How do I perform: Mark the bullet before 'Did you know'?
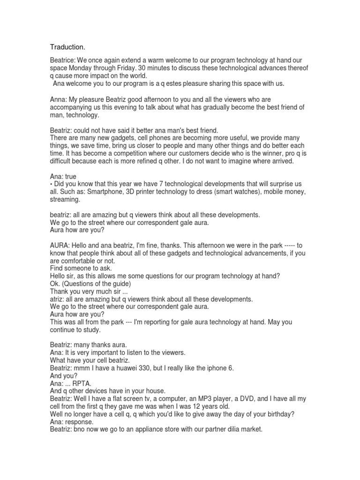pos(52,184)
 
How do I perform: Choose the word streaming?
pos(65,199)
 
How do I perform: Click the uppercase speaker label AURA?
pos(60,245)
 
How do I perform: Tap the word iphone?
pos(211,368)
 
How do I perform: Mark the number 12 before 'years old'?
pos(199,406)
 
